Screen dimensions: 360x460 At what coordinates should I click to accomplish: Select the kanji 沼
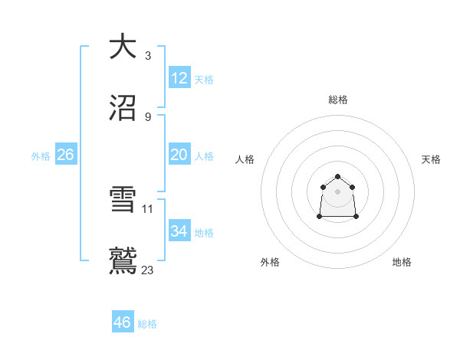(123, 108)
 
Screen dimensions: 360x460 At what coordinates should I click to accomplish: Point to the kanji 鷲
(123, 261)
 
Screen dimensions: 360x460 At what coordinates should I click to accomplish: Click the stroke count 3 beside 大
(147, 55)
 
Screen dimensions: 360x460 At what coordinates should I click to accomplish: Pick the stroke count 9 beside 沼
(147, 116)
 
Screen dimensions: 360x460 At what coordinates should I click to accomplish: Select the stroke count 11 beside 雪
(148, 208)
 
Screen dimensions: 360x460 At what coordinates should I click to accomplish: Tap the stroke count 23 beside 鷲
(148, 270)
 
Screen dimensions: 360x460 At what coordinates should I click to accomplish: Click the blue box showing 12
(179, 77)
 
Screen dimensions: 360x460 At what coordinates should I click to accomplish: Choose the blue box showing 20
(179, 155)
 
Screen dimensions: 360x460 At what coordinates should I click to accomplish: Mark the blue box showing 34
(179, 231)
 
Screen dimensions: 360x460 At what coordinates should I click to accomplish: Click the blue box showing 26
(65, 155)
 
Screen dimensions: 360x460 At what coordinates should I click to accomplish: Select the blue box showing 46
(123, 322)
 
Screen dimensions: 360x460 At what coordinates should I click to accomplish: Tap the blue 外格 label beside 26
(41, 156)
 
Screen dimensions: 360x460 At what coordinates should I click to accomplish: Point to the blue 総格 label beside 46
(147, 324)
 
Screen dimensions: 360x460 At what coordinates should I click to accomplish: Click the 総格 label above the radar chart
(337, 100)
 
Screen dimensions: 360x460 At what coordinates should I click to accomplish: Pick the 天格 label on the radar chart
(432, 159)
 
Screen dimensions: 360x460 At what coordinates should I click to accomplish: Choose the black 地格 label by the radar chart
(402, 262)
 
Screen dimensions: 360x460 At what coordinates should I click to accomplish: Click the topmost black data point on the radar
(337, 176)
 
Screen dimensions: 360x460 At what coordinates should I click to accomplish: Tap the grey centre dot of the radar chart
(337, 191)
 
